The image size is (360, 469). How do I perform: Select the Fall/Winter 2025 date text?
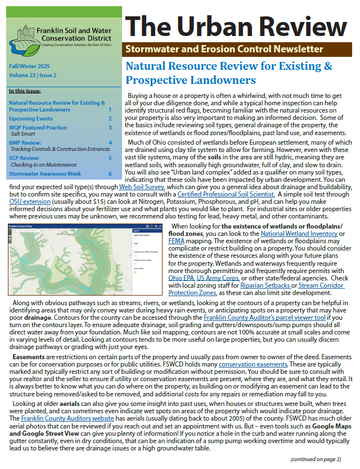pyautogui.click(x=29, y=66)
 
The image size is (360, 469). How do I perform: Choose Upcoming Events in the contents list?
pyautogui.click(x=31, y=119)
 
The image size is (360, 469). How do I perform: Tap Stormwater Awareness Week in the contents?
pyautogui.click(x=46, y=173)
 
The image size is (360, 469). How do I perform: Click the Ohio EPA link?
pyautogui.click(x=179, y=278)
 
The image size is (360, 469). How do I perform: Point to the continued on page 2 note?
pyautogui.click(x=316, y=459)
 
